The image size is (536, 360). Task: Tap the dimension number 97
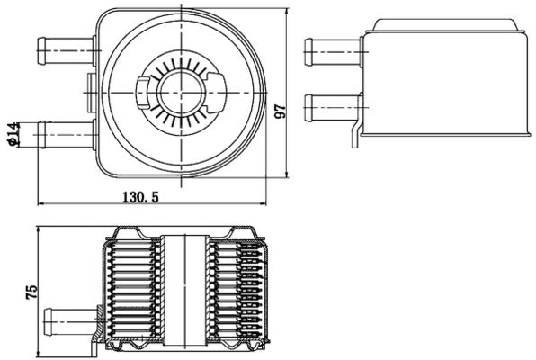[x=281, y=110]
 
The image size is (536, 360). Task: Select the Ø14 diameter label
[x=13, y=134]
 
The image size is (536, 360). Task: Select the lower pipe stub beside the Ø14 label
[x=65, y=134]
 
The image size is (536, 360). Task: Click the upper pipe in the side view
[x=331, y=51]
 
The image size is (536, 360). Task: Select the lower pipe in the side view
[x=331, y=108]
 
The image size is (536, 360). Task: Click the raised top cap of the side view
[x=447, y=25]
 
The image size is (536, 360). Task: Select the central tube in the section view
[x=184, y=288]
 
